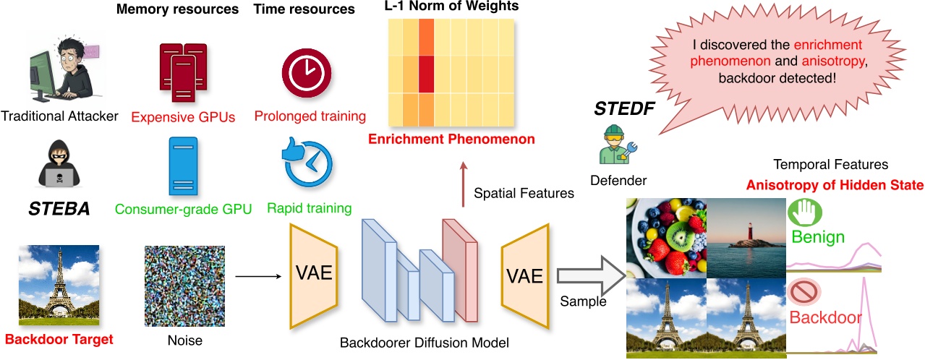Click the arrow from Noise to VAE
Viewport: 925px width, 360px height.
pyautogui.click(x=257, y=275)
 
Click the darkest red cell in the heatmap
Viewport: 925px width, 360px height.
pyautogui.click(x=426, y=74)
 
